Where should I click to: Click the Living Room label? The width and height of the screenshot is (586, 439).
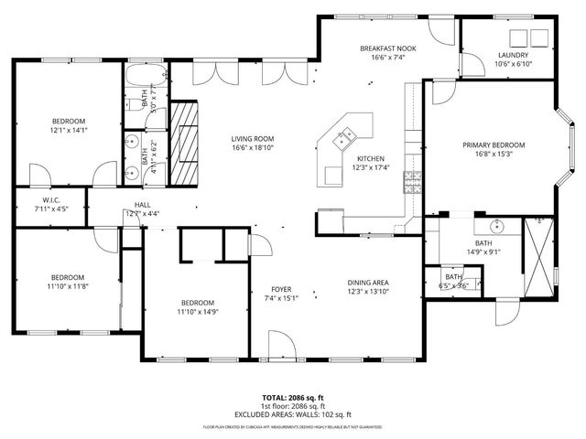click(253, 137)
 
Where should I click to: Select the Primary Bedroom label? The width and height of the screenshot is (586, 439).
click(493, 145)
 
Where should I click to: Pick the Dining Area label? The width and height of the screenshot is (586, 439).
click(369, 282)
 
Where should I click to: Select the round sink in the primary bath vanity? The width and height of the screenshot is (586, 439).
click(479, 219)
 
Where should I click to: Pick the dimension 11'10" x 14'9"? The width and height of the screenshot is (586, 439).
click(197, 313)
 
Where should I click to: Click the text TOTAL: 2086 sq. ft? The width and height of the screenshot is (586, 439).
click(292, 399)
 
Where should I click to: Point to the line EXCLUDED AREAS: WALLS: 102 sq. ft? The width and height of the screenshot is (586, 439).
click(292, 415)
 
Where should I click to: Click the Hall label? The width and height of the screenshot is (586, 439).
click(143, 204)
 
